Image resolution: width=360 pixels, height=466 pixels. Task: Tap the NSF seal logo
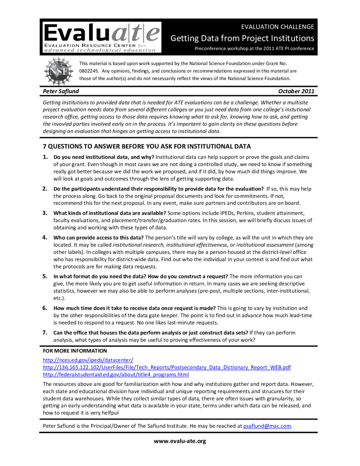[x=56, y=71]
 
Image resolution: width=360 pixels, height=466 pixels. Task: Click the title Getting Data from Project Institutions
[x=242, y=38]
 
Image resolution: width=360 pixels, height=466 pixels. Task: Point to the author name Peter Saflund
[x=61, y=92]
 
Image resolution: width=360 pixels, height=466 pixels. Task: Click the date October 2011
[x=296, y=92]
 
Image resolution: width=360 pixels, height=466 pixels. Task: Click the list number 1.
[x=46, y=157]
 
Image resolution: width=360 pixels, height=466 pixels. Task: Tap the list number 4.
[x=46, y=238]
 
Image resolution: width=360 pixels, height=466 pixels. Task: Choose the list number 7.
[x=46, y=333]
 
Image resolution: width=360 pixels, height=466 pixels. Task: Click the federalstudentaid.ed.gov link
[x=116, y=375]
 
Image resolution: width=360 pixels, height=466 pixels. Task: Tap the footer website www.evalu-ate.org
[x=180, y=441]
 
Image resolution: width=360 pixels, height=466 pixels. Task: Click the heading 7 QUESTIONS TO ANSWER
[x=147, y=147]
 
